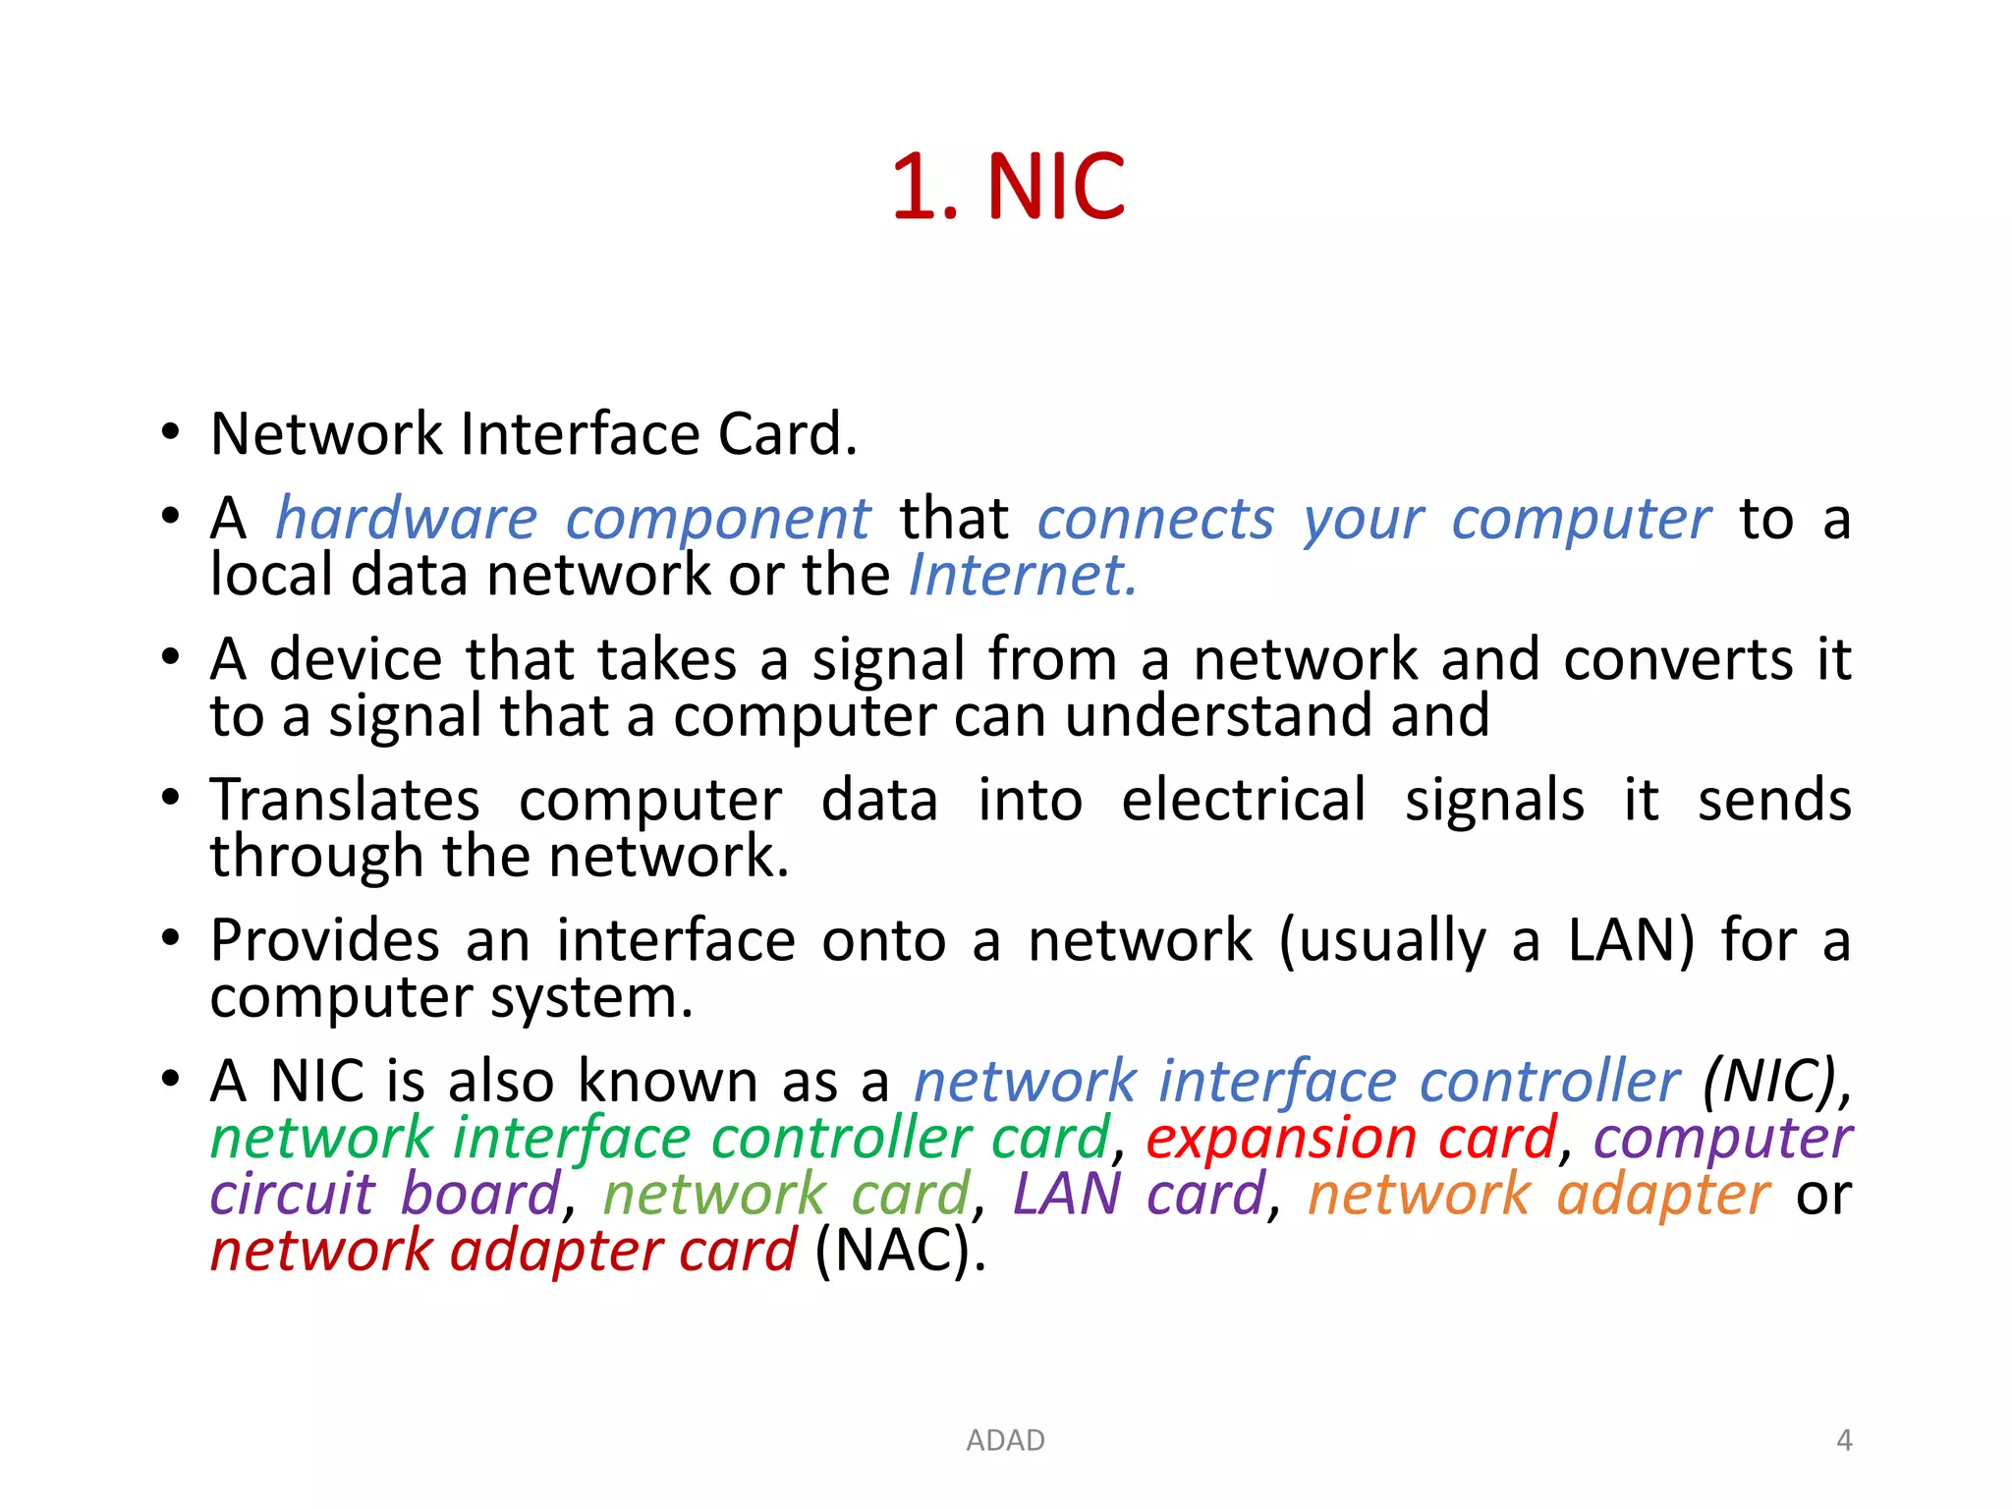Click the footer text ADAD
pos(1005,1440)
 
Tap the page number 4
pos(1844,1440)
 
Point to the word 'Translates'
pos(345,800)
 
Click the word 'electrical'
pos(1243,800)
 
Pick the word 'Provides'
pos(324,940)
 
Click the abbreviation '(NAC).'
pos(900,1252)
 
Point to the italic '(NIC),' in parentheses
pos(1777,1082)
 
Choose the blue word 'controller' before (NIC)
pos(1549,1082)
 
